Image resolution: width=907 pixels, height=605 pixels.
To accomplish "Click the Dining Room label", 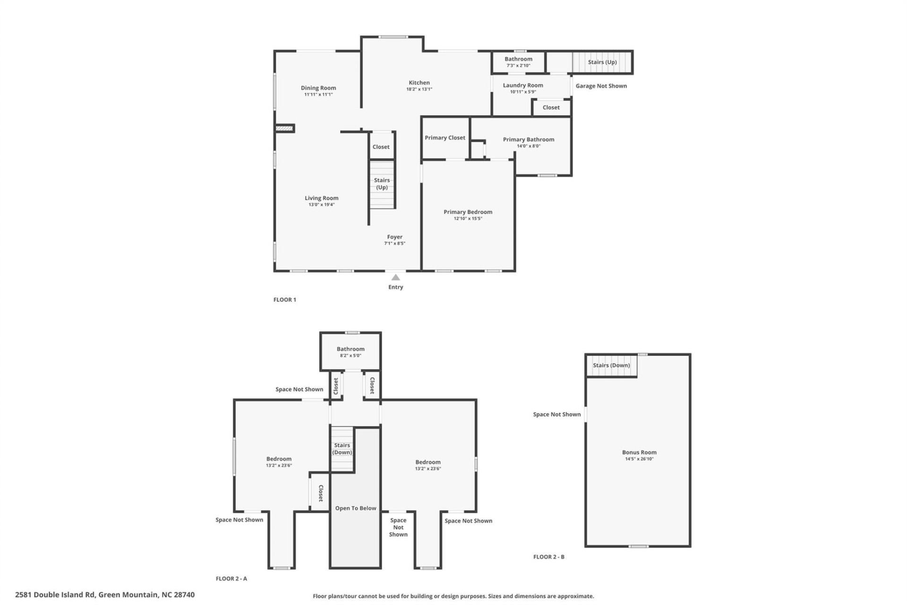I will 318,88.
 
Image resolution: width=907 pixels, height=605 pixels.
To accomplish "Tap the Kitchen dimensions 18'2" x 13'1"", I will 419,89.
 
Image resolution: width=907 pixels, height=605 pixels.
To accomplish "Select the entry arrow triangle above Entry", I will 395,277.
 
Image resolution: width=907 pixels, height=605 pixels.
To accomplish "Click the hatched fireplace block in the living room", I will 285,128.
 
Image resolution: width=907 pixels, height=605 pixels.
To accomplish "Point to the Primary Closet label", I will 445,138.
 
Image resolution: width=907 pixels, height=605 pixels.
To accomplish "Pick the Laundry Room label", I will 522,86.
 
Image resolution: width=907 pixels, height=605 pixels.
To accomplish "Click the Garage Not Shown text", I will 601,86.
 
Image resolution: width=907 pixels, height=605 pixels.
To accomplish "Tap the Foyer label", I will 394,237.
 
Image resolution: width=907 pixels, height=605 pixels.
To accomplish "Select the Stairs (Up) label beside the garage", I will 602,62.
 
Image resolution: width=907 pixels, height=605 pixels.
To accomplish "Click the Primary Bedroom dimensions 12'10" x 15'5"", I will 468,219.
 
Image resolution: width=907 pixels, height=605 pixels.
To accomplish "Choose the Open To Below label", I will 355,508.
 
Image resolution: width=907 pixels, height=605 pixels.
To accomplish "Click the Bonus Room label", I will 639,452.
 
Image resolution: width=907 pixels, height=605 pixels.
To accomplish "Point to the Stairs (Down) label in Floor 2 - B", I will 611,365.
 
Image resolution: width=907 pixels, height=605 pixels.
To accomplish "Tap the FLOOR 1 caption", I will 284,300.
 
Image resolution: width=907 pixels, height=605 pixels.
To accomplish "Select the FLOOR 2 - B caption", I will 548,557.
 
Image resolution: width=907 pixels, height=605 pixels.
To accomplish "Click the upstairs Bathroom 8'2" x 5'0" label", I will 350,349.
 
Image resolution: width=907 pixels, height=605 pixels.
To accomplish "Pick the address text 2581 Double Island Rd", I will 104,595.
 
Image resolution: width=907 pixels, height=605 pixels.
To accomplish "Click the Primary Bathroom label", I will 528,139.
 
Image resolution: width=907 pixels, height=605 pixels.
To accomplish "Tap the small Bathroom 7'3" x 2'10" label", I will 518,59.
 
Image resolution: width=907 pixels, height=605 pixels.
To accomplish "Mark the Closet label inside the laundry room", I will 551,108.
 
